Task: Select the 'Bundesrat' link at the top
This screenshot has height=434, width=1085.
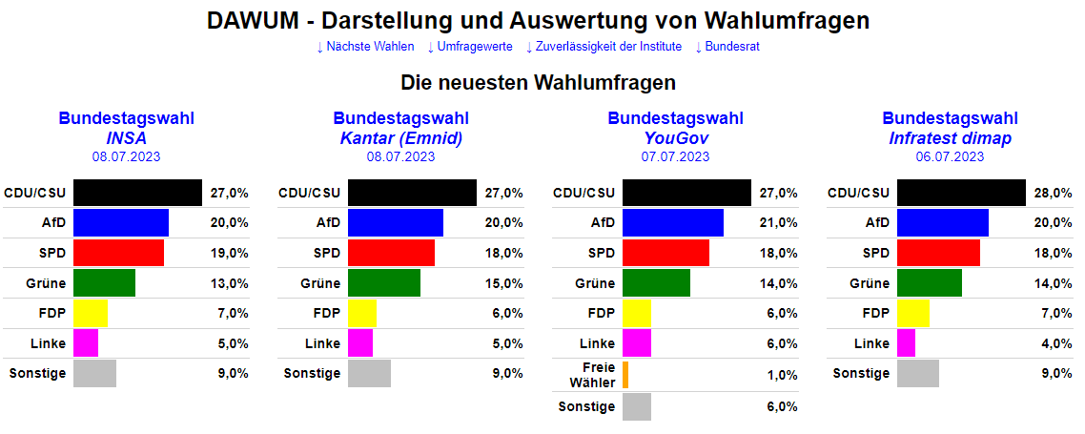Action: click(727, 47)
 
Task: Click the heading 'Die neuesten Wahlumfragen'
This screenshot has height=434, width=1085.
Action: click(538, 82)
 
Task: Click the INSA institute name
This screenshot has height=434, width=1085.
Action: click(126, 138)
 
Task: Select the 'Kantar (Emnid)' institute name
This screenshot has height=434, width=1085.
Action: click(400, 138)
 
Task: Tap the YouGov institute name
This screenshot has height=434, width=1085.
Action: click(675, 138)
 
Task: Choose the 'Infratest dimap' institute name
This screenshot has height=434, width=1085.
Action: click(950, 138)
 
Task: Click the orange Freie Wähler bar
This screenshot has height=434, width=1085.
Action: click(625, 375)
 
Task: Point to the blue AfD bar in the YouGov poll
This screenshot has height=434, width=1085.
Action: click(672, 222)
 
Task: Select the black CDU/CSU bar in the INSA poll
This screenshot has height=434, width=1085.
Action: click(137, 193)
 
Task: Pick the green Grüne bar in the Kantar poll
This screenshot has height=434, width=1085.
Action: click(383, 283)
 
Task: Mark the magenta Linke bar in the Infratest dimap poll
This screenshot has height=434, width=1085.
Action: click(906, 343)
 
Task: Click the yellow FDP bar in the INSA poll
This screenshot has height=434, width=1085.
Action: click(90, 313)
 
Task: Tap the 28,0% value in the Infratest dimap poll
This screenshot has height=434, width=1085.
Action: click(1054, 193)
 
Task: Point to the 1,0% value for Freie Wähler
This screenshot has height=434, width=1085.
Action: click(782, 376)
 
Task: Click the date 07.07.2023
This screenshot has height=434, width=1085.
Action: click(675, 156)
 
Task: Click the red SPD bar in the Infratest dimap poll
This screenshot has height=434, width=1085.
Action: click(938, 253)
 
